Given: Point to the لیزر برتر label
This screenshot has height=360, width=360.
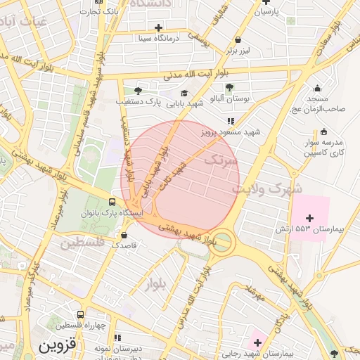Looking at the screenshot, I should coord(239,51).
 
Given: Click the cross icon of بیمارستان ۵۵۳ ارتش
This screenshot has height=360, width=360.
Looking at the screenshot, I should coord(310,219).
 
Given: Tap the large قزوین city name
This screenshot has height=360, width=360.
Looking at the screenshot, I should coord(55,347).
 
